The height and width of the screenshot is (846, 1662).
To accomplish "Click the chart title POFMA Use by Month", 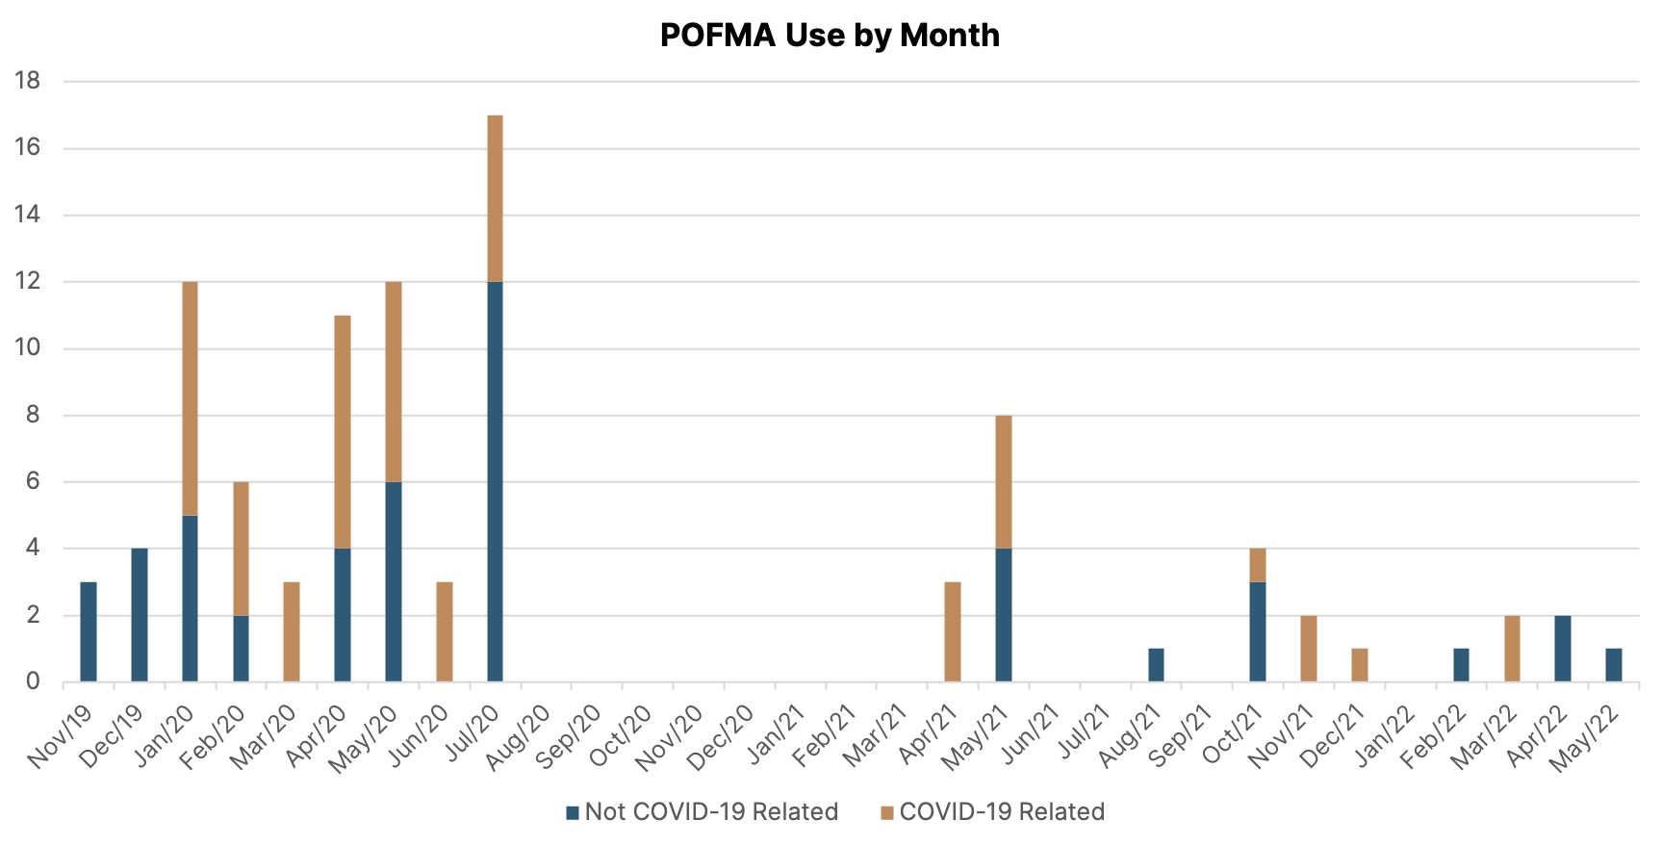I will click(830, 36).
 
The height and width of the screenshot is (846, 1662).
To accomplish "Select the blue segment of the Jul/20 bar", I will click(495, 481).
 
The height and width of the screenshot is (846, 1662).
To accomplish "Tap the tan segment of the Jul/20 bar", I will click(495, 198).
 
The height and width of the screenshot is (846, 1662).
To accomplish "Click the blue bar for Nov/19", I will click(89, 631).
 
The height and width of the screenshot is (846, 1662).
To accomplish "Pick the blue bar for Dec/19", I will click(140, 615).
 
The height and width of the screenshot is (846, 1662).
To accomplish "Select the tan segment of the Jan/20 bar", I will click(191, 398).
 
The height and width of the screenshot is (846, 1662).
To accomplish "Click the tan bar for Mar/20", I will click(292, 631).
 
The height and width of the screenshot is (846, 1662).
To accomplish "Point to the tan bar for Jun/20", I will click(445, 631).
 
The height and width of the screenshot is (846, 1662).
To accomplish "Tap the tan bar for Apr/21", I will click(953, 631).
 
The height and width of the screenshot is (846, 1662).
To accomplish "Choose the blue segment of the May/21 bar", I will click(1004, 615).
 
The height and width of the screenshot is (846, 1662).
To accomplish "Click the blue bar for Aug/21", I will click(1156, 665).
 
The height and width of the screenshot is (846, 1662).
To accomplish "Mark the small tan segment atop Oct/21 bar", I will click(1258, 565).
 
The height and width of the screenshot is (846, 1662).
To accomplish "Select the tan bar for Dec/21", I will click(1360, 665).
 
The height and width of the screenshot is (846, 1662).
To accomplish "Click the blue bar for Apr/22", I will click(1563, 649).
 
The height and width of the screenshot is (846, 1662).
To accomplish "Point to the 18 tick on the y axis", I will click(28, 81).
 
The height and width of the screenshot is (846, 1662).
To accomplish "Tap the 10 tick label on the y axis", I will click(28, 347).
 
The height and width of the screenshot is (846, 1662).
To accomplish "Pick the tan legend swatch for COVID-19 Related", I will click(887, 813).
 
